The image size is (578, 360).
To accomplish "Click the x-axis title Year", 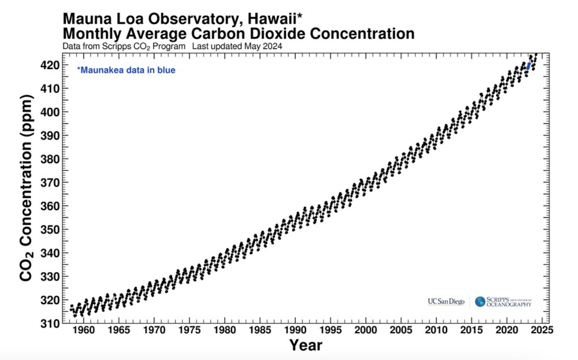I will pyautogui.click(x=305, y=346).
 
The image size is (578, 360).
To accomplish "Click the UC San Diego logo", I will pyautogui.click(x=446, y=301).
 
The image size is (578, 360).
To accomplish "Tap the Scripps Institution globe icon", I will pyautogui.click(x=480, y=301).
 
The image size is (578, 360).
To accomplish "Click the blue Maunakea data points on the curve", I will pyautogui.click(x=528, y=65).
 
